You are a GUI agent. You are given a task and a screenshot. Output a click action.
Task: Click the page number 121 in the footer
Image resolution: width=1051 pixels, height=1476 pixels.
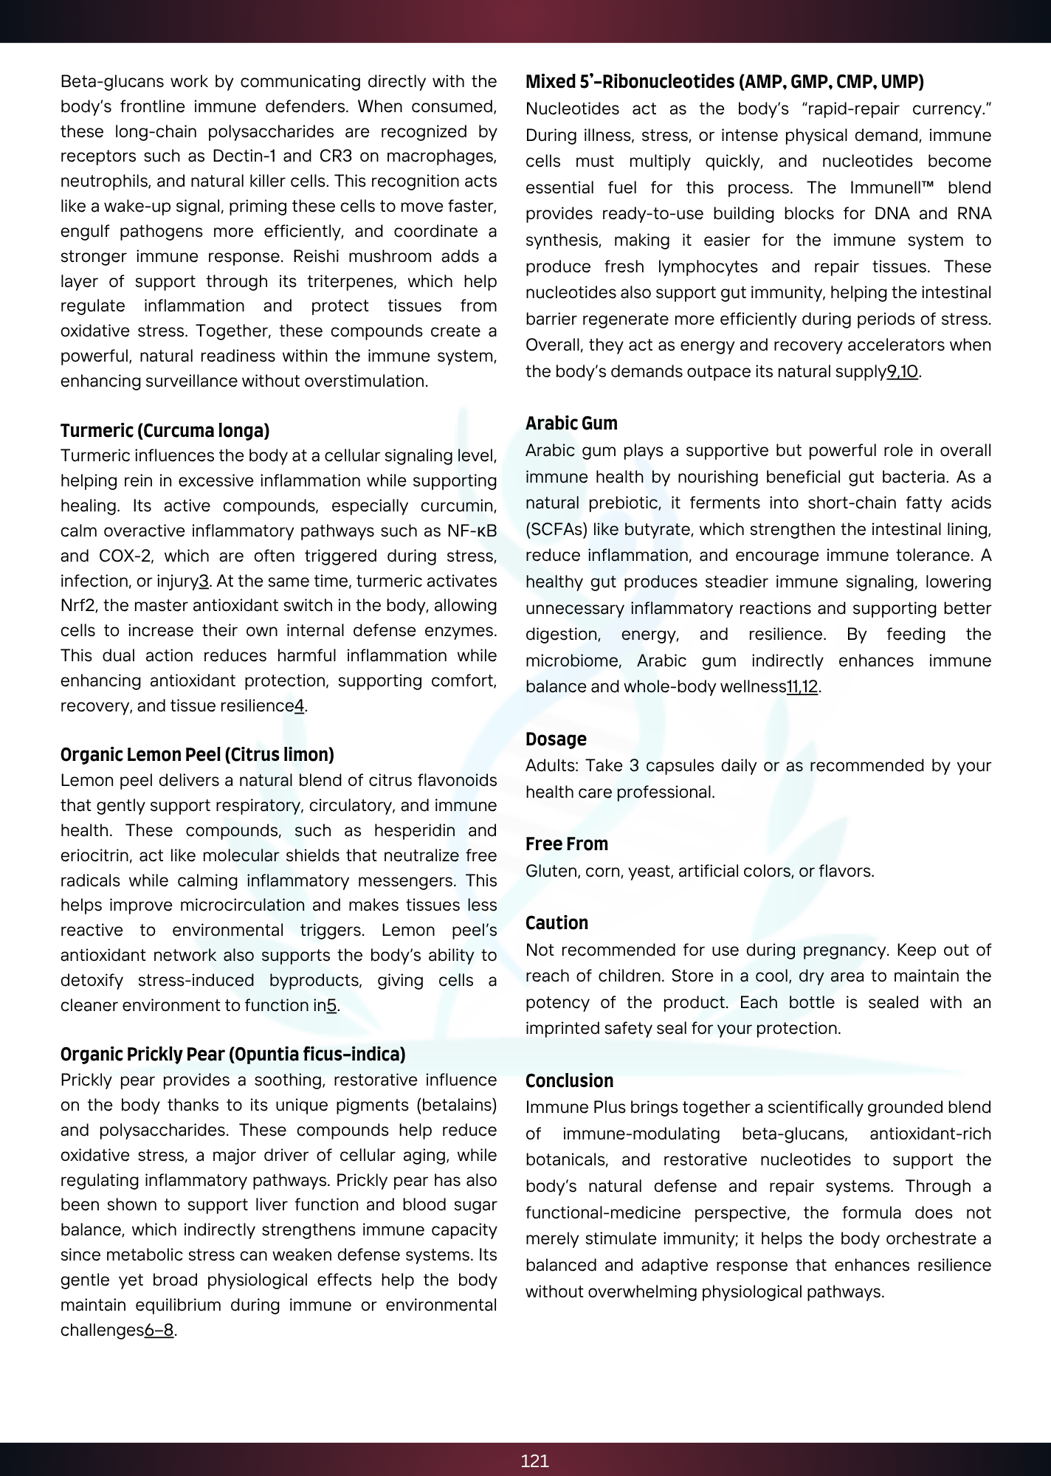(x=534, y=1461)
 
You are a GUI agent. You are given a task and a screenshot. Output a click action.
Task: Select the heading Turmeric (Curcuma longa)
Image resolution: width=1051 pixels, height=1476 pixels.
(x=165, y=430)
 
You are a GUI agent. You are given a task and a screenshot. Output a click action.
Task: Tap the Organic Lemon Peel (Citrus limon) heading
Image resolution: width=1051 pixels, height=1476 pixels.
(x=197, y=754)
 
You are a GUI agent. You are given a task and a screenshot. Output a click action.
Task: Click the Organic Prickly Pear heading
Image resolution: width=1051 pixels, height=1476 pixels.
(x=232, y=1054)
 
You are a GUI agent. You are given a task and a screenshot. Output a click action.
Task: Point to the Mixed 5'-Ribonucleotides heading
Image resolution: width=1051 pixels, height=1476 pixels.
(x=724, y=81)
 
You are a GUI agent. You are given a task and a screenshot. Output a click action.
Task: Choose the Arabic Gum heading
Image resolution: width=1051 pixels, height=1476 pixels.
(x=571, y=423)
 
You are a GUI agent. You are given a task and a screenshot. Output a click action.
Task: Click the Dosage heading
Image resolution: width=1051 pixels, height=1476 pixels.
(x=556, y=739)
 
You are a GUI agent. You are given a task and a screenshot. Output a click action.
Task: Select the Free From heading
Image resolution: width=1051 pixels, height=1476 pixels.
(x=567, y=844)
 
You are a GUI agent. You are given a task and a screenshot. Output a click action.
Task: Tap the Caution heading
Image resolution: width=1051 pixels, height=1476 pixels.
(x=556, y=922)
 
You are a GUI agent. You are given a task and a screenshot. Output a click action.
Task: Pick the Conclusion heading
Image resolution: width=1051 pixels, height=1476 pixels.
(x=569, y=1080)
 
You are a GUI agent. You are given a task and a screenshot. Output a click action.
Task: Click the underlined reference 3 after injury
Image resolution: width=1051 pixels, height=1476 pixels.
(x=204, y=581)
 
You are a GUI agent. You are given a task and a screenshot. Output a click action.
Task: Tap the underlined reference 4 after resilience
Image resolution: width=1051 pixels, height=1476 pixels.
(x=299, y=706)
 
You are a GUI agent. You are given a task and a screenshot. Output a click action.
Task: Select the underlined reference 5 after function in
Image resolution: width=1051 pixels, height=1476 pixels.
(x=331, y=1005)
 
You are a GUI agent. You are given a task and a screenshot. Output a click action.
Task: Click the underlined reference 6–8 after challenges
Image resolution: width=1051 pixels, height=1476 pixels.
(x=159, y=1330)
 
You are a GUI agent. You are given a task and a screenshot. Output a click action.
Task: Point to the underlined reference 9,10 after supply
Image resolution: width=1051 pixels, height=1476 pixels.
(x=902, y=371)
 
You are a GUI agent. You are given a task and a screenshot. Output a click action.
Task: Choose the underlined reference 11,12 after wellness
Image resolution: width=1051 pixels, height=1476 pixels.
(x=802, y=686)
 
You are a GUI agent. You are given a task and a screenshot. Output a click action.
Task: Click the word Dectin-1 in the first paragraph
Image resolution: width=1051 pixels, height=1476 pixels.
(x=244, y=156)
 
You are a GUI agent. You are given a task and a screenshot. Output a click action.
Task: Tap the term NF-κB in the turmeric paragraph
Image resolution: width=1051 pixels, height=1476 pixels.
(x=472, y=531)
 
